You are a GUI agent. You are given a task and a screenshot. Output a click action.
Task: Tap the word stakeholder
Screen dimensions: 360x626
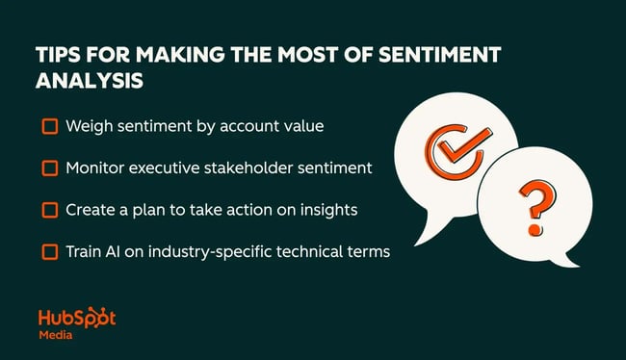click(248, 168)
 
